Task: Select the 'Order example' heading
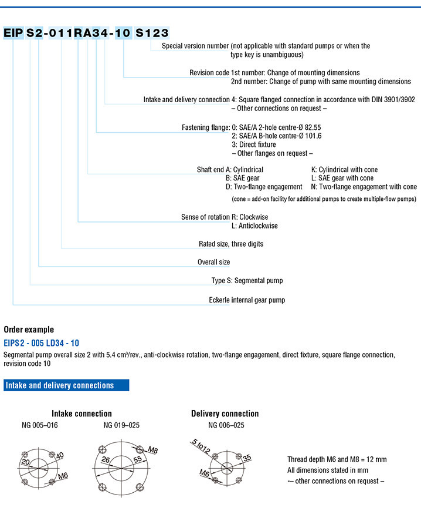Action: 29,330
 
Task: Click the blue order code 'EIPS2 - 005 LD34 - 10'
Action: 42,342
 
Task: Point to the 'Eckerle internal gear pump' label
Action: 247,300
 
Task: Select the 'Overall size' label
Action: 213,262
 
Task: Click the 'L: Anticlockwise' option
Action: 254,226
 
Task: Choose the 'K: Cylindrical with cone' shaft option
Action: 344,170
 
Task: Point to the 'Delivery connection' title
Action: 225,413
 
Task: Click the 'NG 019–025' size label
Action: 121,425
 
